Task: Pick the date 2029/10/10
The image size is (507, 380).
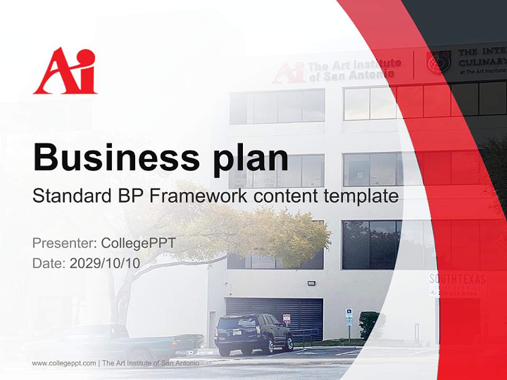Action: [105, 263]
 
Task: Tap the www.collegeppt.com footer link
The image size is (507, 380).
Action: [64, 363]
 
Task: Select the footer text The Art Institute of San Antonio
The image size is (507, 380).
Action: [151, 363]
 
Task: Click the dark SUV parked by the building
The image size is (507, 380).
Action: [253, 333]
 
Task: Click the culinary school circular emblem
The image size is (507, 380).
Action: [438, 63]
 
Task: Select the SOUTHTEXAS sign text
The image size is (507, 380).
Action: [457, 279]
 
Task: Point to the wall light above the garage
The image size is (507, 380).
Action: [311, 283]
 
